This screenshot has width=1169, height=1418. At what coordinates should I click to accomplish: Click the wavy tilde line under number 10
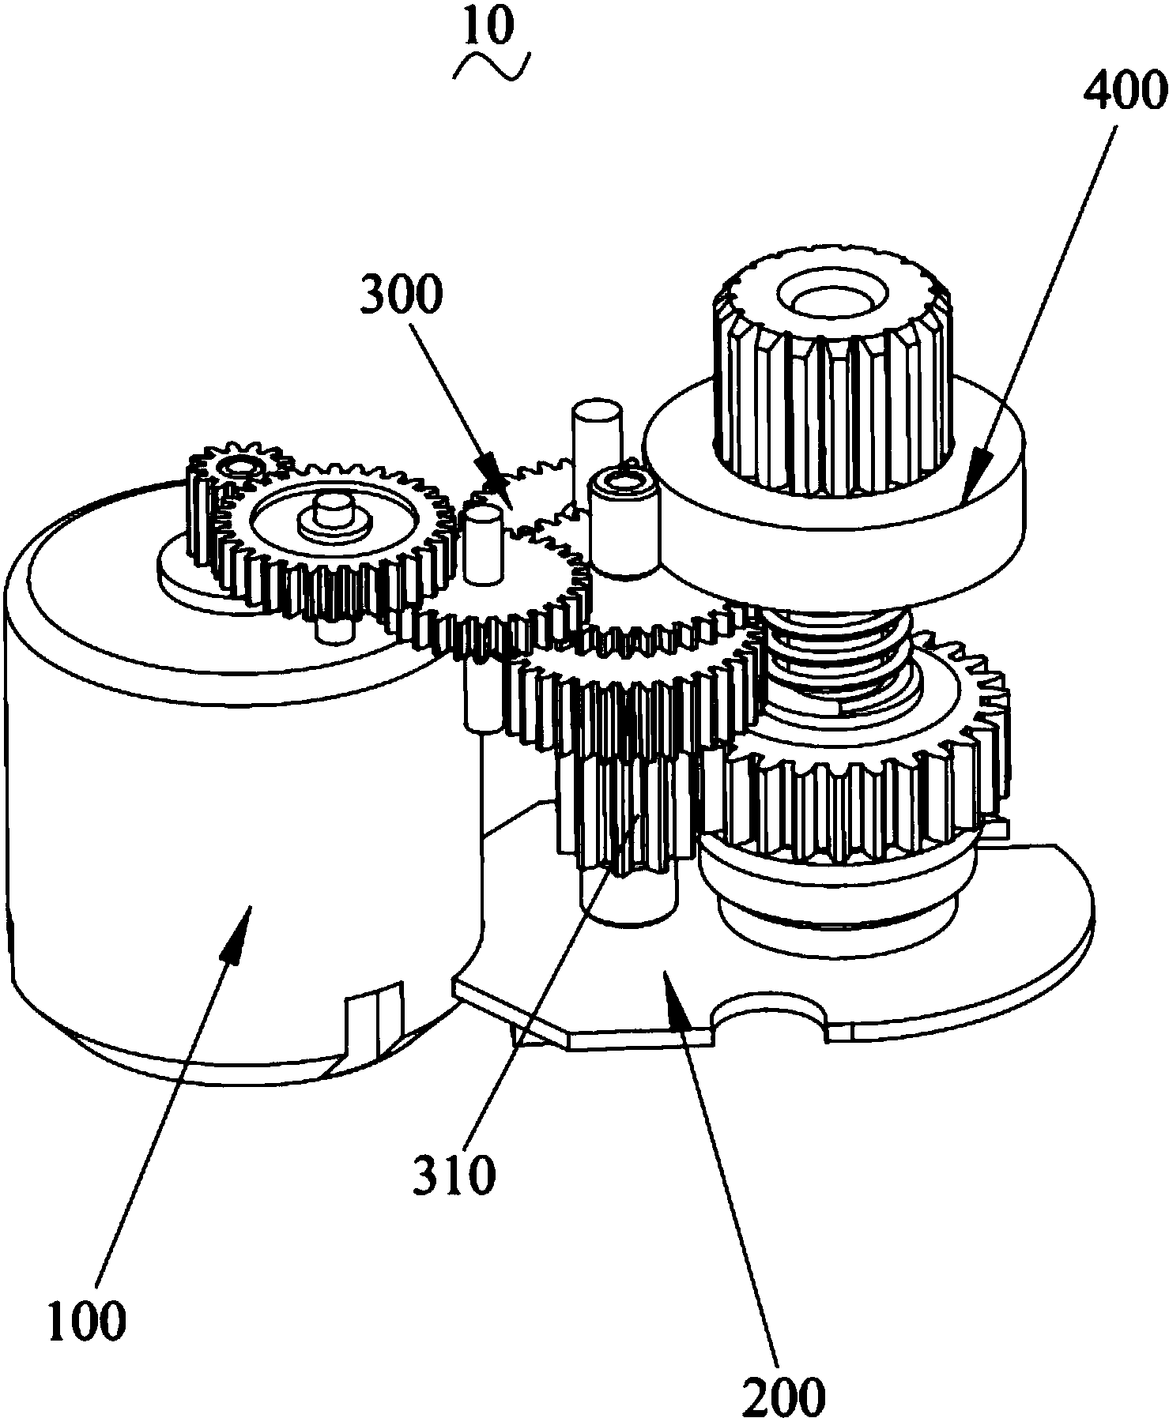491,66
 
